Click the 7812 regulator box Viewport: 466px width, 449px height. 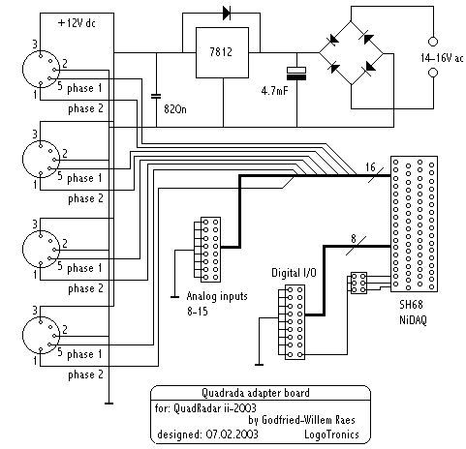[222, 52]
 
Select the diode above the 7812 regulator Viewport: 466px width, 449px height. [227, 14]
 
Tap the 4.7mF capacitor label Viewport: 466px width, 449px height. [274, 91]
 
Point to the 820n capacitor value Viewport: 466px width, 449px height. [175, 109]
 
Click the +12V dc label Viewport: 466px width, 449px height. [77, 23]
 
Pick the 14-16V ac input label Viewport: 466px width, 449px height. [442, 58]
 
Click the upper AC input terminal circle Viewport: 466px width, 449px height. [433, 42]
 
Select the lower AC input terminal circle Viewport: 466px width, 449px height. [433, 73]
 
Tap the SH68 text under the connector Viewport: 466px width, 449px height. [411, 305]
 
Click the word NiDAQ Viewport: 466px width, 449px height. [413, 320]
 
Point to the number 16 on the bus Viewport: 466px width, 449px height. [370, 167]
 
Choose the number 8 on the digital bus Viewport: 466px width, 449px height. [354, 239]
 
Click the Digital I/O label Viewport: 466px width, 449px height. [294, 273]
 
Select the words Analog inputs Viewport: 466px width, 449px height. [217, 296]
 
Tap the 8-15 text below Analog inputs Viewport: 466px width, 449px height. [198, 312]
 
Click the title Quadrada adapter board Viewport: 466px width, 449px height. [256, 393]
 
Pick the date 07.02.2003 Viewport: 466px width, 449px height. [232, 434]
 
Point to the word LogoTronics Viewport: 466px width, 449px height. [331, 434]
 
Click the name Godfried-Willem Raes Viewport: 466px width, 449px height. [308, 420]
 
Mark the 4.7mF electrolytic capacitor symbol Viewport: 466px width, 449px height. [296, 74]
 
